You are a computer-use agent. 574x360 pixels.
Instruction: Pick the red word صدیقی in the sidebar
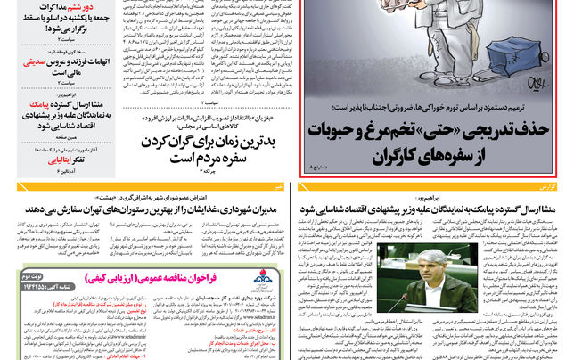coord(35,63)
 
